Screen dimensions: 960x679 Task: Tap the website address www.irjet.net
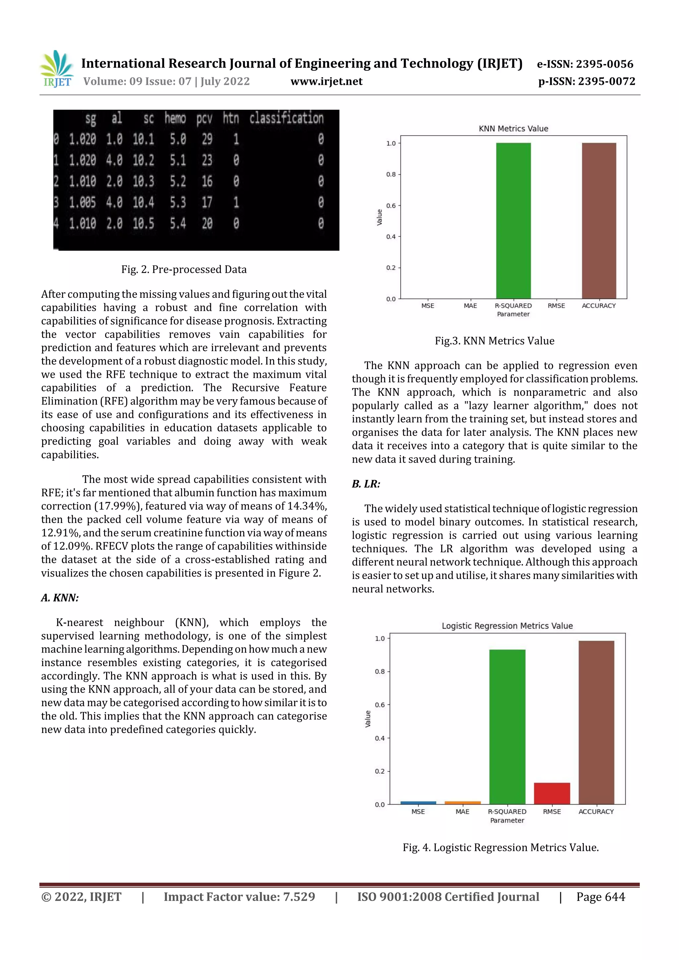pos(326,81)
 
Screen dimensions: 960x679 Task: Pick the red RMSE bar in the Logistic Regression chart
pos(552,793)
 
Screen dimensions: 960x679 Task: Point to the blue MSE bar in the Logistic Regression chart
pos(418,803)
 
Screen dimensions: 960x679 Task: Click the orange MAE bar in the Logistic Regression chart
pos(462,803)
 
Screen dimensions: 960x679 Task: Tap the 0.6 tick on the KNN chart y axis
pos(391,205)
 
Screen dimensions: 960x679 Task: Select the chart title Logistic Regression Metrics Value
pos(507,626)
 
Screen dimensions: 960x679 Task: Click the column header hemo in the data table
pos(175,119)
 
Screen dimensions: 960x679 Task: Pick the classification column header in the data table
pos(286,119)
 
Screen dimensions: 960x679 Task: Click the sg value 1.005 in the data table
pos(83,203)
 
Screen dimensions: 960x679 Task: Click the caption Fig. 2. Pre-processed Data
pos(184,269)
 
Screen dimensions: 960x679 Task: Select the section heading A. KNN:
pos(60,597)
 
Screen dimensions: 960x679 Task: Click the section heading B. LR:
pos(366,484)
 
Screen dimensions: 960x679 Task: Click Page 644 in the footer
pos(600,897)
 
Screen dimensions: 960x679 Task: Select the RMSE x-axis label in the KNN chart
pos(556,306)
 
